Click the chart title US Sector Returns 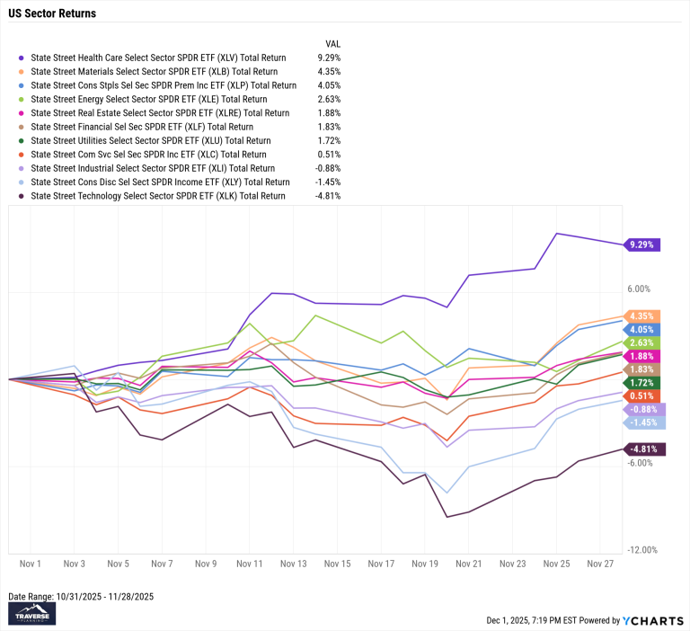[x=52, y=14]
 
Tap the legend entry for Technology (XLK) [x=158, y=196]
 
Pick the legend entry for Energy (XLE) [x=149, y=99]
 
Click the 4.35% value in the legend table [x=330, y=71]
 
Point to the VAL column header [x=332, y=43]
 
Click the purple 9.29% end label [x=643, y=244]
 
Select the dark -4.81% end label [x=646, y=449]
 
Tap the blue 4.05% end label [x=643, y=329]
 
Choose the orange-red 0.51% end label [x=643, y=395]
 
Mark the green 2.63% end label [x=643, y=342]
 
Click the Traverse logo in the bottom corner [x=32, y=613]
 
